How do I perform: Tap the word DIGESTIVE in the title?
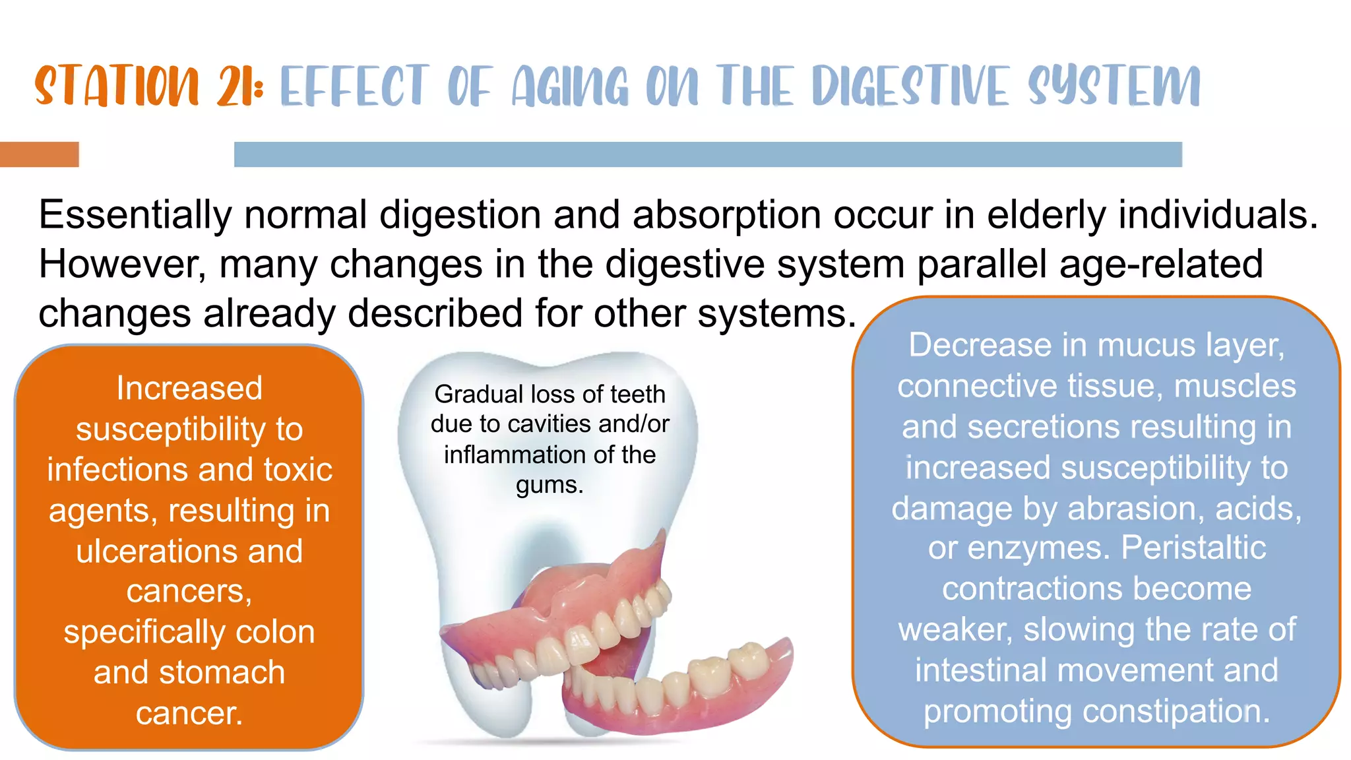click(911, 86)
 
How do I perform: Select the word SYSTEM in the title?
click(1114, 86)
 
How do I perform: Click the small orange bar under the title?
click(40, 154)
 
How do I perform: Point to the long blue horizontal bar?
click(708, 154)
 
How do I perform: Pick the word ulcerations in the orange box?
click(155, 551)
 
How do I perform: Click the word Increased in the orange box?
click(189, 388)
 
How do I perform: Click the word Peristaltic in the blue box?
click(1193, 548)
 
